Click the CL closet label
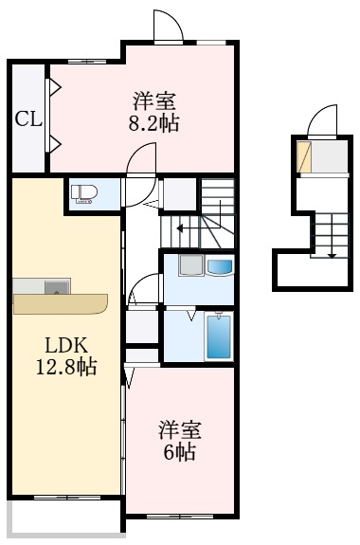coord(27,119)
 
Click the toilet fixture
coord(84,193)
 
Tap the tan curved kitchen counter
coord(61,304)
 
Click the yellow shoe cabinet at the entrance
coord(304,157)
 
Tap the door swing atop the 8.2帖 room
coord(167,27)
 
